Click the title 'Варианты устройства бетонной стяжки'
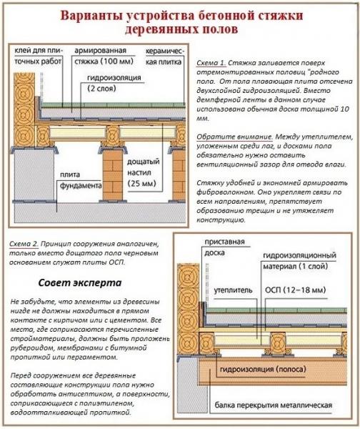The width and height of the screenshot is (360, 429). point(180,16)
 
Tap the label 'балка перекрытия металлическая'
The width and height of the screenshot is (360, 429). point(274,405)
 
